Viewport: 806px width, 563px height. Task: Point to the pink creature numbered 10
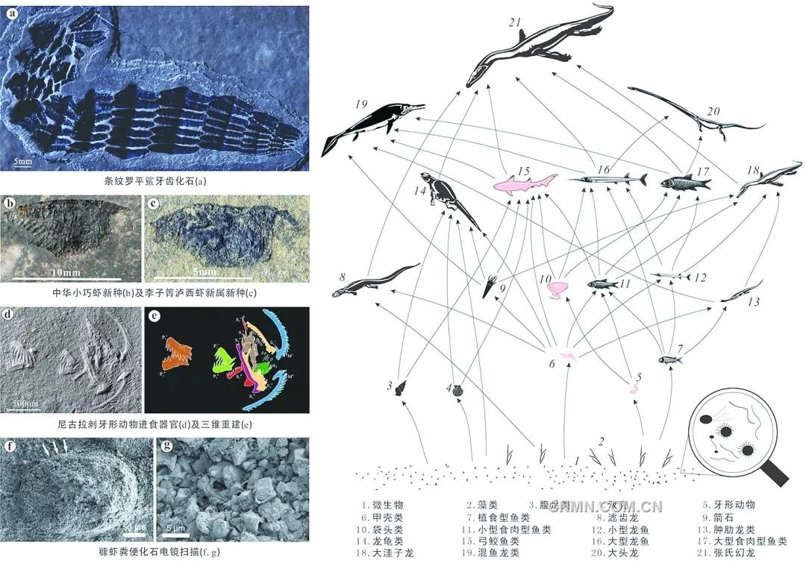(x=557, y=288)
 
